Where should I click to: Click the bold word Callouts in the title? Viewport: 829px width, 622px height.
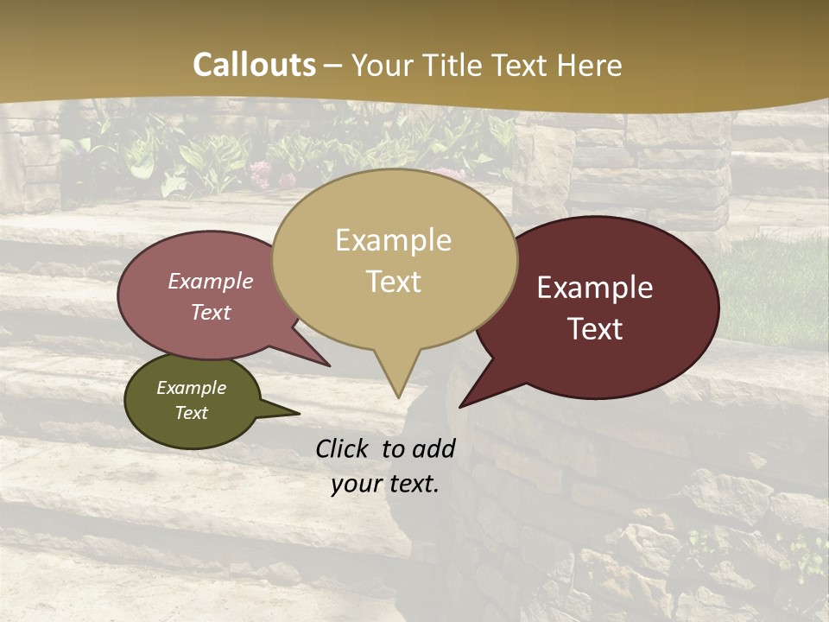(254, 65)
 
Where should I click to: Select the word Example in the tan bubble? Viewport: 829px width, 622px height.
(393, 240)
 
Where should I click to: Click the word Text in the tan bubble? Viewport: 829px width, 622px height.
(393, 282)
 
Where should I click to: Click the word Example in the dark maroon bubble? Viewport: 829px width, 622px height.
(595, 288)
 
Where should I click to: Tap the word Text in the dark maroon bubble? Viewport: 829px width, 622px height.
(595, 329)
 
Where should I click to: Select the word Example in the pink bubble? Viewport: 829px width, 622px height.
(210, 281)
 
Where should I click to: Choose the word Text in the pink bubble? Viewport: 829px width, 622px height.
(210, 312)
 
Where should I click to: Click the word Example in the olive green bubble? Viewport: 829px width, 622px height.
(191, 388)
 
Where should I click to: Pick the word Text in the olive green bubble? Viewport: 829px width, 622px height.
(191, 413)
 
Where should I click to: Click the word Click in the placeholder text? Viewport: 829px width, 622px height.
(343, 448)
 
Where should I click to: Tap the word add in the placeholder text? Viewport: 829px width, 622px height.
(433, 448)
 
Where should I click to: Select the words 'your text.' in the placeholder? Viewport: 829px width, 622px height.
(385, 484)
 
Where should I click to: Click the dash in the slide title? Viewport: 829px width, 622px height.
(333, 66)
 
